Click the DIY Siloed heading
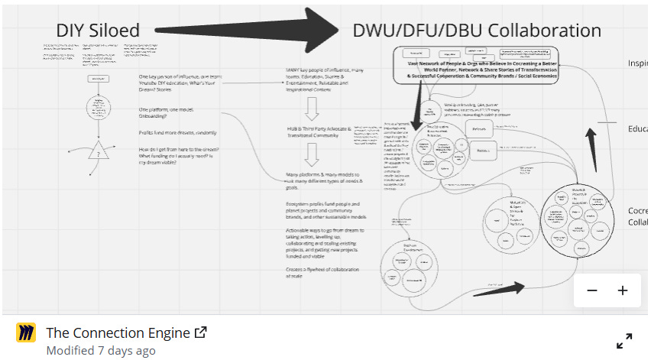(x=98, y=31)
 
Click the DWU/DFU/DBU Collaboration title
(x=477, y=31)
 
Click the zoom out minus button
(x=592, y=290)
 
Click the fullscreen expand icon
(x=624, y=340)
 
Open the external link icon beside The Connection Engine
(x=201, y=332)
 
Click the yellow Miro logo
(x=26, y=333)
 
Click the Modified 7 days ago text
(x=101, y=351)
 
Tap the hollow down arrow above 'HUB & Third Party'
(x=311, y=108)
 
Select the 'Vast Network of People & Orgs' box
(x=477, y=66)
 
